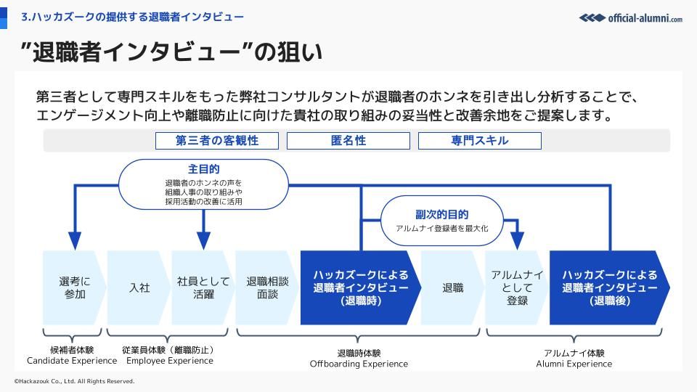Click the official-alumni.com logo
[x=630, y=17]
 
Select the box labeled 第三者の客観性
[x=217, y=141]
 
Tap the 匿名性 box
[x=348, y=141]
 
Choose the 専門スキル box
[x=479, y=141]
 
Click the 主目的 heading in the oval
[x=203, y=169]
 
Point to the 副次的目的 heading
[x=442, y=214]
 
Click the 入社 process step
[x=139, y=287]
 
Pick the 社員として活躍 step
[x=203, y=287]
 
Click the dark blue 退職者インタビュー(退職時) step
[x=360, y=287]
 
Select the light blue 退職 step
[x=453, y=287]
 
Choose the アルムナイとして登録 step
[x=517, y=287]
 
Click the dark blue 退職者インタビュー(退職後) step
[x=609, y=287]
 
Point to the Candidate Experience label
[x=72, y=361]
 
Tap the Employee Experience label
[x=169, y=361]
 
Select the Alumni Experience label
[x=574, y=364]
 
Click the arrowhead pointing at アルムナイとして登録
[x=517, y=241]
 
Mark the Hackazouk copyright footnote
[x=74, y=381]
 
